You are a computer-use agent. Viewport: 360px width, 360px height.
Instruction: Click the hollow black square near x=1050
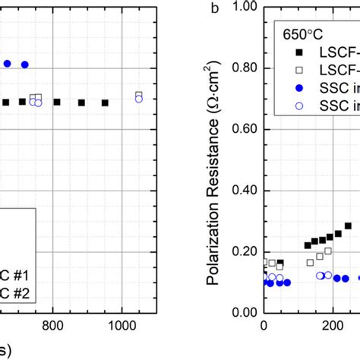pos(138,95)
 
